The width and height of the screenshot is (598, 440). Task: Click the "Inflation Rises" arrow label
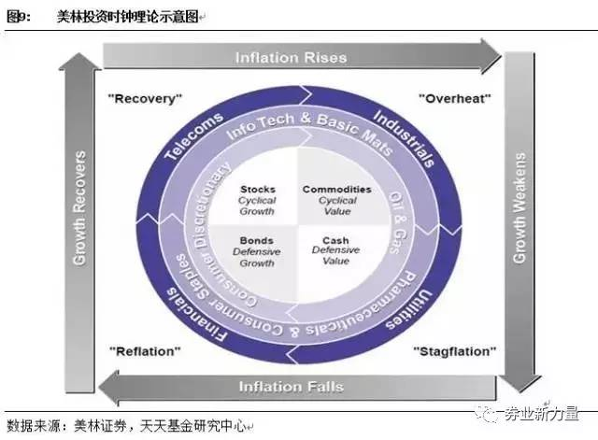pos(291,58)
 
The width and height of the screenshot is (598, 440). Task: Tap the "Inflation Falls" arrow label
pos(291,387)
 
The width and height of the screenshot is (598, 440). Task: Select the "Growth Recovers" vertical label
pos(79,207)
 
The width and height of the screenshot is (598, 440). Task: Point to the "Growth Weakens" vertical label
pos(520,207)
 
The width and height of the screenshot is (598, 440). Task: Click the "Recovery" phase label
pos(146,99)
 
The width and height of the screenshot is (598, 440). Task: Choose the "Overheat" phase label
pos(455,99)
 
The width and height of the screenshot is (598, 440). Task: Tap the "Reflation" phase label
pos(145,351)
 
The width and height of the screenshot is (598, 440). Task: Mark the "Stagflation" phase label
pos(455,351)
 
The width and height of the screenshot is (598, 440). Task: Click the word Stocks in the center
pos(258,190)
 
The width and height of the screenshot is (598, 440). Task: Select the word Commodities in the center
pos(336,190)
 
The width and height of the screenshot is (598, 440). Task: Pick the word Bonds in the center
pos(257,241)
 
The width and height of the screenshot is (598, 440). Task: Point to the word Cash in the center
pos(335,241)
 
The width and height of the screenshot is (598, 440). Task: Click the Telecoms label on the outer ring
pos(193,136)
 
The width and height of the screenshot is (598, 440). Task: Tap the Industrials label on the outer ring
pos(405,139)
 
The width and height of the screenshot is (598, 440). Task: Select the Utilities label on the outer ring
pos(409,309)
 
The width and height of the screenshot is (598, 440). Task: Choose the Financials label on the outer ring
pos(197,315)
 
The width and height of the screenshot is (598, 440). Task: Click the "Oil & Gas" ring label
pos(398,223)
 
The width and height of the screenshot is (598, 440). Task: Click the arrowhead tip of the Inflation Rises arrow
pos(501,56)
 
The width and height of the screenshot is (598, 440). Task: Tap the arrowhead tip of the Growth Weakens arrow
pos(520,392)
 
